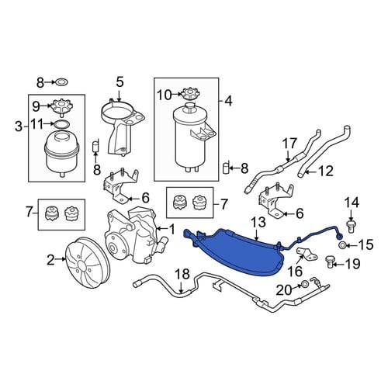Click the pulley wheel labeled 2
(x=88, y=262)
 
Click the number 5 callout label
(x=120, y=82)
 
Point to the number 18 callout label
(x=182, y=275)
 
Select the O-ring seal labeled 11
(x=61, y=124)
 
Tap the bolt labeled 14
(x=351, y=227)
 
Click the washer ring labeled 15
(x=342, y=244)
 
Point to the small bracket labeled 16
(x=307, y=255)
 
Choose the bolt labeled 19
(x=330, y=262)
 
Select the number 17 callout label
(x=289, y=144)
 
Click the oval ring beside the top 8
(x=61, y=82)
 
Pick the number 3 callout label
(x=19, y=126)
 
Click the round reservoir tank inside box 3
(x=61, y=153)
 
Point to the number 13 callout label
(x=258, y=222)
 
